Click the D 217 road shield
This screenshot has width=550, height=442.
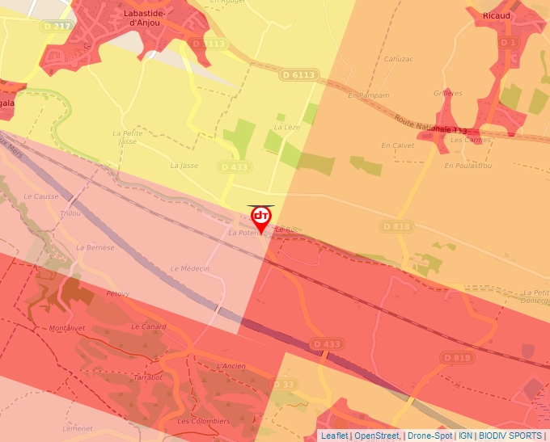58,26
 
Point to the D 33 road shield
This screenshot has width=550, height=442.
284,384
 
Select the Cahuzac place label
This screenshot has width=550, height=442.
399,59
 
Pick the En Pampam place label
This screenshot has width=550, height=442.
368,95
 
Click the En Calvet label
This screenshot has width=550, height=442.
398,145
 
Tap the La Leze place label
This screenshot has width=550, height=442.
287,128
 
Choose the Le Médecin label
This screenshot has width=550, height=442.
190,268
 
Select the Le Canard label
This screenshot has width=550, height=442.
148,326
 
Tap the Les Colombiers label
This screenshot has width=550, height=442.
204,421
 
